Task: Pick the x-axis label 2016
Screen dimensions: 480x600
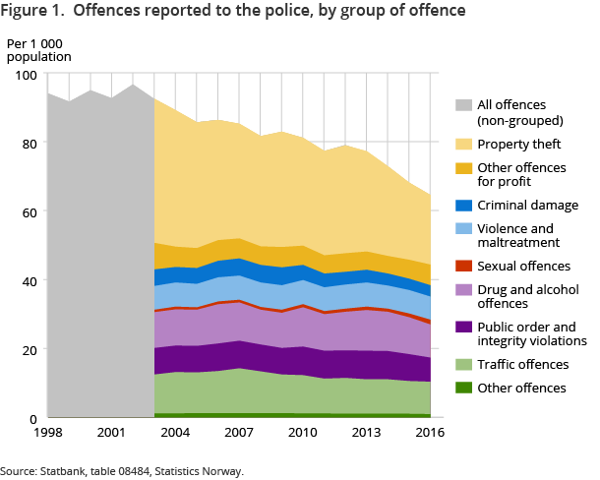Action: click(429, 433)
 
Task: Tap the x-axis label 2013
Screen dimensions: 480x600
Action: click(366, 433)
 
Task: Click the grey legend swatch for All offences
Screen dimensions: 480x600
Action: click(464, 105)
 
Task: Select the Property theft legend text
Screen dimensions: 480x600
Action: click(520, 144)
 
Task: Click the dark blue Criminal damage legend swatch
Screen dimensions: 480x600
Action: click(464, 206)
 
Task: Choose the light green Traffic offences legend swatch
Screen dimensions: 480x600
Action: click(464, 364)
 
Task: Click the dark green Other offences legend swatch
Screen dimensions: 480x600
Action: click(464, 389)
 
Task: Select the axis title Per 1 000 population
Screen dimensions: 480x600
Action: click(39, 50)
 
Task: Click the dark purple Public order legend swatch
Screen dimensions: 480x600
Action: click(464, 327)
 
